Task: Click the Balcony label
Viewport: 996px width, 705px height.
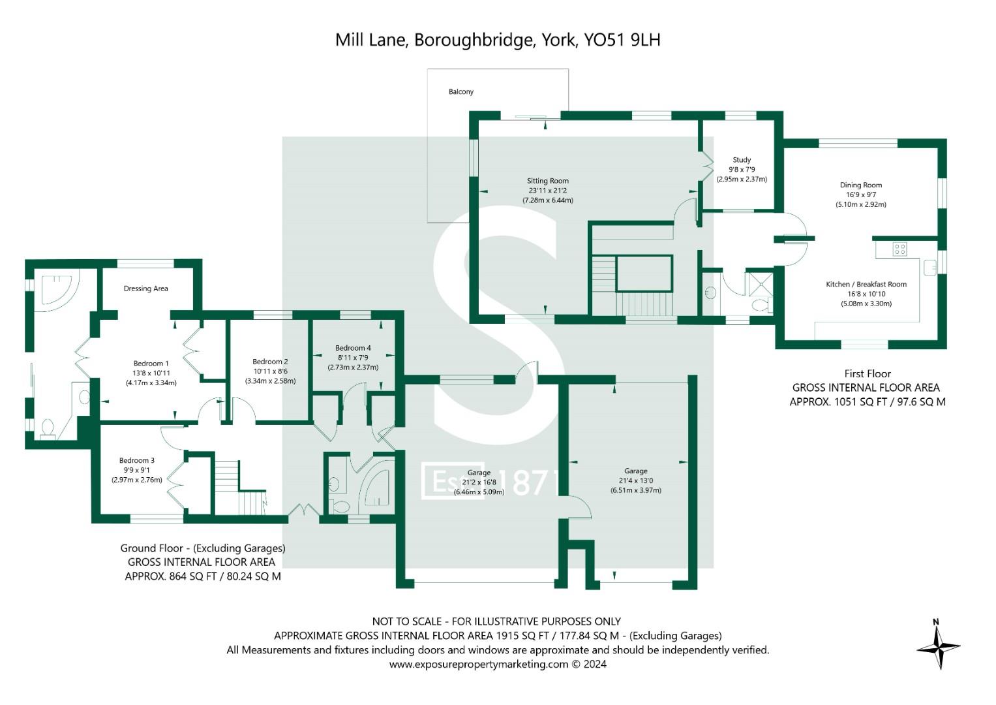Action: tap(460, 92)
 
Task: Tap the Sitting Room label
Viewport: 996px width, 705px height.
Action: tap(547, 181)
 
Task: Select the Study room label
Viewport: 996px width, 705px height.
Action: tap(742, 160)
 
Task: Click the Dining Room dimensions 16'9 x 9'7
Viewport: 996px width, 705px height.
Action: tap(861, 195)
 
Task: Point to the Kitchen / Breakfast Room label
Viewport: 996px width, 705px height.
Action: tap(866, 285)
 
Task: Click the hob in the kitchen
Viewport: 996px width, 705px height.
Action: tap(899, 249)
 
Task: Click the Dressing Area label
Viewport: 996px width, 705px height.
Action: tap(145, 289)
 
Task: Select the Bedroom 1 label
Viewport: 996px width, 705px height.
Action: tap(151, 364)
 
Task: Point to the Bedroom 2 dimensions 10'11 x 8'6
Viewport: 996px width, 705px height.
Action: tap(270, 371)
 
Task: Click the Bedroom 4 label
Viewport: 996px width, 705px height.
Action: tap(353, 348)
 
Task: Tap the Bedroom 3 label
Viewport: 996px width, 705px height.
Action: tap(137, 460)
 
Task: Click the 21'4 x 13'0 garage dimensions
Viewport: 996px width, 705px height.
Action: tap(636, 480)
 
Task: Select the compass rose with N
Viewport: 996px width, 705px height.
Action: tap(938, 646)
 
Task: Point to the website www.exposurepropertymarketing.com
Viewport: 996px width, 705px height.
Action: tap(479, 665)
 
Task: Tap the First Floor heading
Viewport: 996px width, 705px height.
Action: tap(867, 374)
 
